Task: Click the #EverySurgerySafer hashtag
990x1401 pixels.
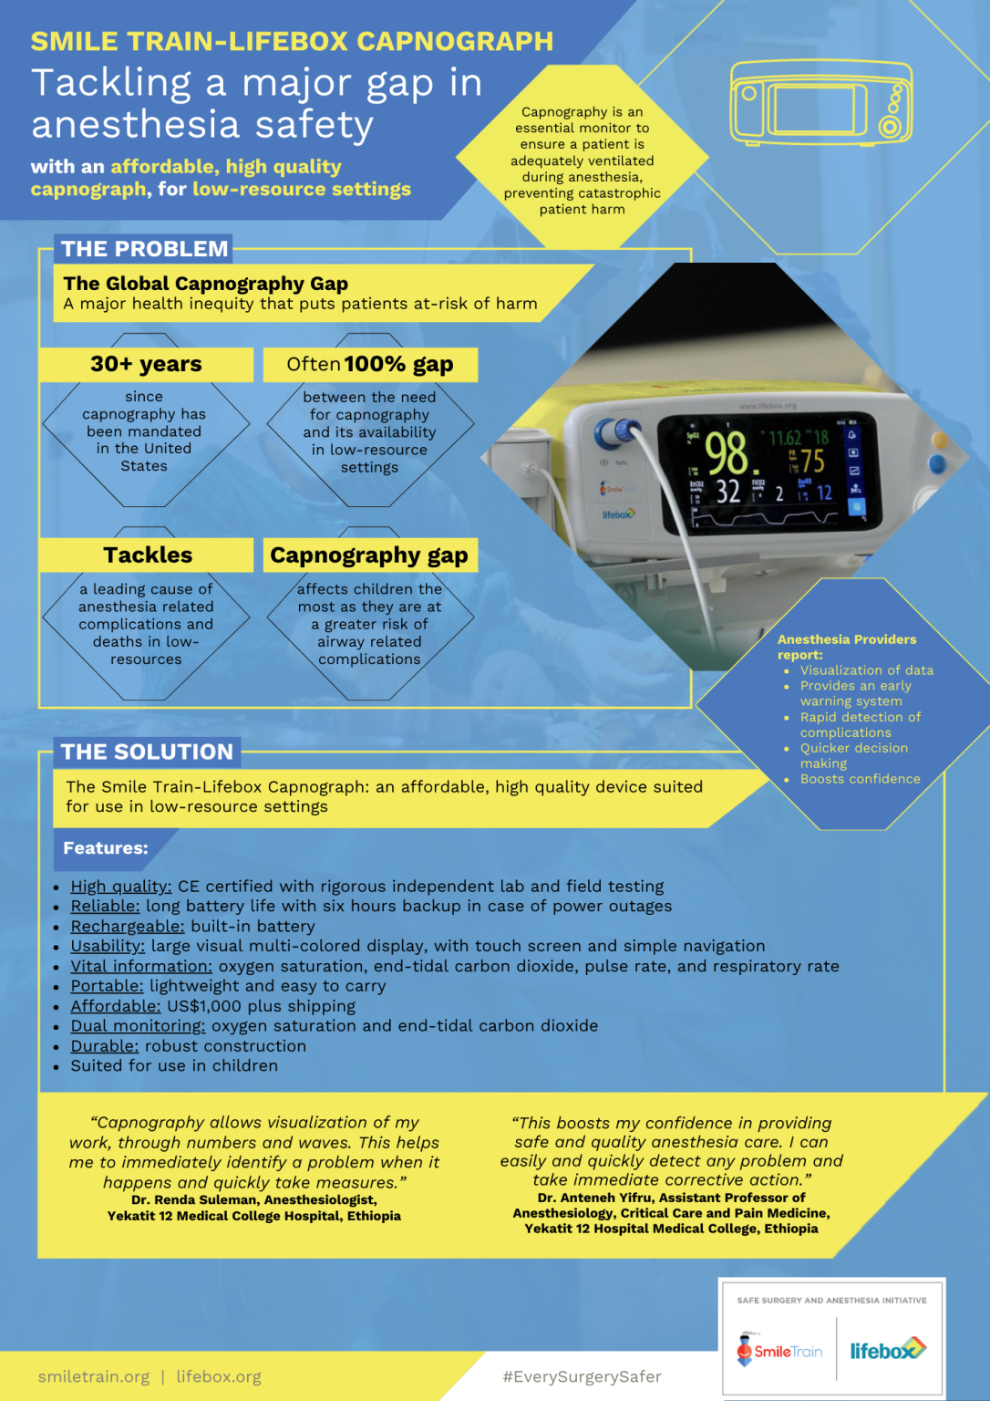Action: pyautogui.click(x=582, y=1376)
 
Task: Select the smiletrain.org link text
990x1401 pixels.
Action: pyautogui.click(x=94, y=1376)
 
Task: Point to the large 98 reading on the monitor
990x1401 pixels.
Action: pyautogui.click(x=726, y=453)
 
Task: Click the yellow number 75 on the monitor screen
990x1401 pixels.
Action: pyautogui.click(x=812, y=462)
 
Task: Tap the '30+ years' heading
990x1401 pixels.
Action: pyautogui.click(x=146, y=364)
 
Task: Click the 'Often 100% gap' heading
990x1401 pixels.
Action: pyautogui.click(x=370, y=364)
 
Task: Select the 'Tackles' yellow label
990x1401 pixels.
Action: pyautogui.click(x=148, y=555)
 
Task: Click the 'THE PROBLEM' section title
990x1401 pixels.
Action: pyautogui.click(x=145, y=249)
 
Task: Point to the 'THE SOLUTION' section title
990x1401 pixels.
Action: pyautogui.click(x=147, y=752)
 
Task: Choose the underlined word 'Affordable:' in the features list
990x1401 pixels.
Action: pyautogui.click(x=116, y=1006)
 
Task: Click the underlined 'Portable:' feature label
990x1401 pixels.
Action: pyautogui.click(x=107, y=986)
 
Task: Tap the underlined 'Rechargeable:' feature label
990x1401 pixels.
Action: pyautogui.click(x=128, y=927)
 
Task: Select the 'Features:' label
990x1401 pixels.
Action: pyautogui.click(x=105, y=848)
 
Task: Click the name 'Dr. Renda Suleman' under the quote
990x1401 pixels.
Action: pyautogui.click(x=194, y=1200)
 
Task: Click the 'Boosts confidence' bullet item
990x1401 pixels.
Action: pyautogui.click(x=860, y=779)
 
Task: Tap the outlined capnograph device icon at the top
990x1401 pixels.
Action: pyautogui.click(x=820, y=101)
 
